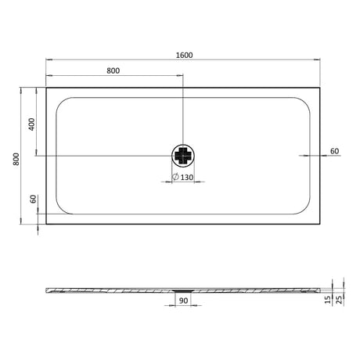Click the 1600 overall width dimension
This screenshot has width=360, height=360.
pyautogui.click(x=185, y=55)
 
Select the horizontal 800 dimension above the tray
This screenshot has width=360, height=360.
pyautogui.click(x=113, y=70)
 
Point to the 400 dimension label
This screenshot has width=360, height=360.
pyautogui.click(x=32, y=123)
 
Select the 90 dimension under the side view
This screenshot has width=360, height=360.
pyautogui.click(x=182, y=301)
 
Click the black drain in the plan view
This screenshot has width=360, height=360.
pyautogui.click(x=182, y=156)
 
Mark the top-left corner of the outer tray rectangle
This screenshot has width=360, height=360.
pyautogui.click(x=46, y=87)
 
